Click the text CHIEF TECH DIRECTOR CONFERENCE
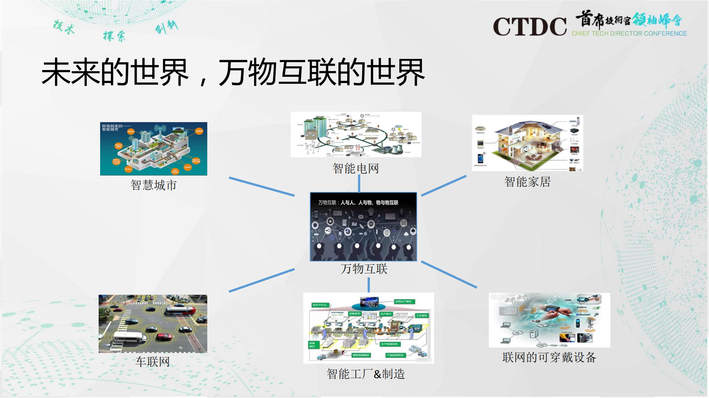coord(629,34)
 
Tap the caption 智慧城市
coord(153,185)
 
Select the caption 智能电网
coord(355,169)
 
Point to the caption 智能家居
coord(527,182)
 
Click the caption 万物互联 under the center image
coord(364,269)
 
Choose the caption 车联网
coord(153,362)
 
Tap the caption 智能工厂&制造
coord(366,374)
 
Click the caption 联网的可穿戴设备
coord(549,357)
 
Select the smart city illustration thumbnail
coord(153,149)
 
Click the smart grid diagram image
coord(356,134)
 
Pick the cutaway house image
coord(527,143)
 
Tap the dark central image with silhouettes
coord(363,226)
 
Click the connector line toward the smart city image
coord(262,186)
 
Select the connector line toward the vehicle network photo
coord(262,280)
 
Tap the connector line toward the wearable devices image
coord(449,274)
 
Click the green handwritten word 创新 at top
coord(166,27)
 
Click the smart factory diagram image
coord(368,328)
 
